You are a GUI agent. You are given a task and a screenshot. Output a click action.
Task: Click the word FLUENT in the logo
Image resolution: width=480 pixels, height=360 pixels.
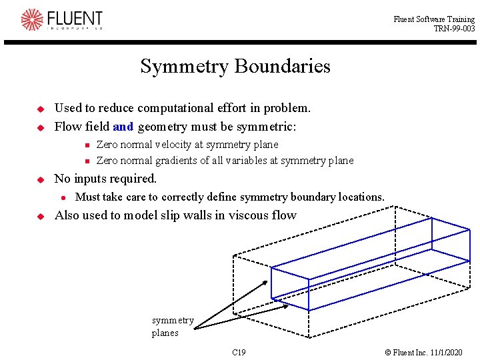pos(75,18)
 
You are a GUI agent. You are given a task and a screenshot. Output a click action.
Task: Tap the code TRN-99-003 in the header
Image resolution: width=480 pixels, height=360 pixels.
pos(454,29)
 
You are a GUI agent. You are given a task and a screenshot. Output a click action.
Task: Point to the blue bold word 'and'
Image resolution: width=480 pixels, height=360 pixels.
pos(123,126)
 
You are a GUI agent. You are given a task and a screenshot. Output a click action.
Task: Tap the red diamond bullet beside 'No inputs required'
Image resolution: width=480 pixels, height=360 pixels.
pos(40,179)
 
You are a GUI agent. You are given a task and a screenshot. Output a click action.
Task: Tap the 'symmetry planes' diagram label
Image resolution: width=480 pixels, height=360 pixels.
pos(172,327)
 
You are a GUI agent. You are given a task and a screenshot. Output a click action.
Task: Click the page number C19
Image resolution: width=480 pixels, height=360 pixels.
pos(239,351)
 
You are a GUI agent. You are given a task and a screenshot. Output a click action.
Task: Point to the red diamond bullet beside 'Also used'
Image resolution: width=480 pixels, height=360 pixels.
pos(40,215)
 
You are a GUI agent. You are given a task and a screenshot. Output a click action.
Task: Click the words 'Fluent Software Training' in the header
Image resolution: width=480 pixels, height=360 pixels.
pos(434,19)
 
